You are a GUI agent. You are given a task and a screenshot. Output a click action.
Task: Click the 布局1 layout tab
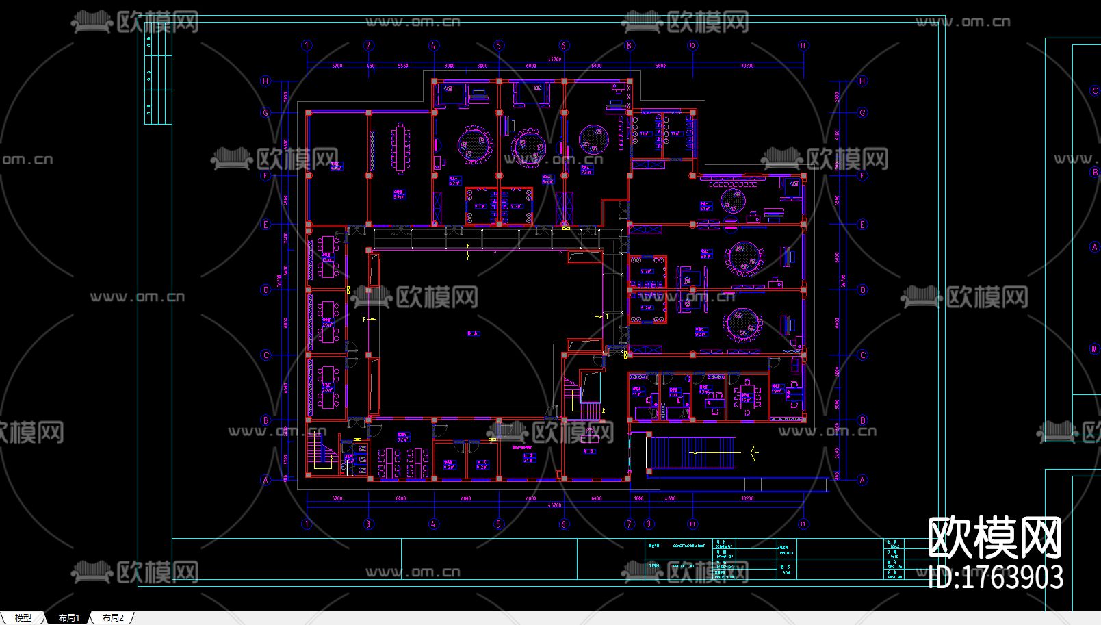pyautogui.click(x=68, y=617)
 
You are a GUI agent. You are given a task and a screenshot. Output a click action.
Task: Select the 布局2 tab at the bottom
pyautogui.click(x=113, y=617)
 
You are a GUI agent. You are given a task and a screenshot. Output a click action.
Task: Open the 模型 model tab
pyautogui.click(x=23, y=617)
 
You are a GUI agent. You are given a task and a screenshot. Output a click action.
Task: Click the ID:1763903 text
pyautogui.click(x=996, y=577)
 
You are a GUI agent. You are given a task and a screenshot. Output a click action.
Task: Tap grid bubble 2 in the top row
pyautogui.click(x=369, y=46)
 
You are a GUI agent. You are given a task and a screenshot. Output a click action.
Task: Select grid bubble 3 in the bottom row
pyautogui.click(x=369, y=524)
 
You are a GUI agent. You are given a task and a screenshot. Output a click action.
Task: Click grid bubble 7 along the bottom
pyautogui.click(x=630, y=524)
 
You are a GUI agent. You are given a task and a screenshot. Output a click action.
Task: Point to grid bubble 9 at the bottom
pyautogui.click(x=649, y=524)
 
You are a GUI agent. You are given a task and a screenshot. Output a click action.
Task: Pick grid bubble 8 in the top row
pyautogui.click(x=630, y=46)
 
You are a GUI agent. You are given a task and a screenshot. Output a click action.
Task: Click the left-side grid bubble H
pyautogui.click(x=266, y=81)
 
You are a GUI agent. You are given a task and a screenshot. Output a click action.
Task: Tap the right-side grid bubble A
pyautogui.click(x=862, y=480)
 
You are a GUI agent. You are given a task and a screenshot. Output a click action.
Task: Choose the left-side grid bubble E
pyautogui.click(x=266, y=225)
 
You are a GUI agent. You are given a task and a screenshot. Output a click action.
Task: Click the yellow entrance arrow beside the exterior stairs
pyautogui.click(x=754, y=452)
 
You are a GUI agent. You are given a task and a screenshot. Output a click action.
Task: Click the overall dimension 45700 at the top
pyautogui.click(x=554, y=60)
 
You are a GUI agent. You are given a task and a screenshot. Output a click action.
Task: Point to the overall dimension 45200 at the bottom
pyautogui.click(x=554, y=506)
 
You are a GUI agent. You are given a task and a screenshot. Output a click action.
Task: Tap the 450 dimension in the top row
pyautogui.click(x=371, y=66)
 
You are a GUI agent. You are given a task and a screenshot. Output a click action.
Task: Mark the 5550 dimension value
pyautogui.click(x=402, y=66)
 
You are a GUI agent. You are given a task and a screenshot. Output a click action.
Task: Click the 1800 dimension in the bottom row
pyautogui.click(x=639, y=499)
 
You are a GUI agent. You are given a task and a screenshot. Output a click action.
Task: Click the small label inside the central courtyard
pyautogui.click(x=473, y=334)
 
